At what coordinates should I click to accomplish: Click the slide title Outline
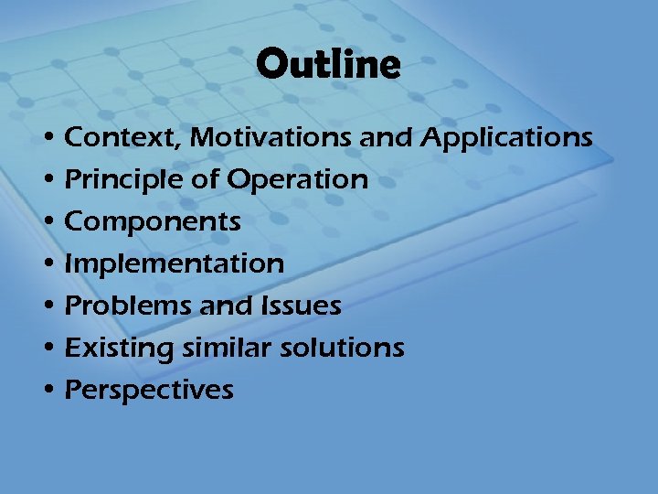[328, 65]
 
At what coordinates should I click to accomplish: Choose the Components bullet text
[154, 222]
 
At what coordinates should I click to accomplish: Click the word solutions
[344, 348]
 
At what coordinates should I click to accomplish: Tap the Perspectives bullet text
[150, 391]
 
